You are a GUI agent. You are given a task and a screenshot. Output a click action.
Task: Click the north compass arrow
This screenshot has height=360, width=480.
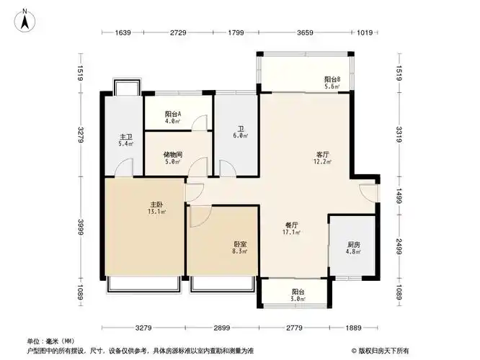tap(24, 19)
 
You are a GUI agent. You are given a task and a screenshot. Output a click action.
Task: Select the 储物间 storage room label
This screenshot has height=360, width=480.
tap(172, 158)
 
